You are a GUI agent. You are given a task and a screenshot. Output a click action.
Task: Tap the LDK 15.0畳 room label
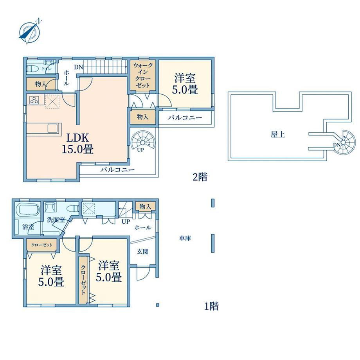(77, 144)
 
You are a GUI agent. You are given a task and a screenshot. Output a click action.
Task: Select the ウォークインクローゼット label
(143, 75)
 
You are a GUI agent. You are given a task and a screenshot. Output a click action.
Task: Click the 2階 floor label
(200, 177)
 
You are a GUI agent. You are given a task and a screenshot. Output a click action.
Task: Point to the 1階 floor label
(211, 306)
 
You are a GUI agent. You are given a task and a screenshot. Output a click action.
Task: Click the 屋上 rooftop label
(277, 135)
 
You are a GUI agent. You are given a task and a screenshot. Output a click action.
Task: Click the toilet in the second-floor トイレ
(32, 68)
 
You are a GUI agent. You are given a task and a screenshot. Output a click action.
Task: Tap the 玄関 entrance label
(142, 252)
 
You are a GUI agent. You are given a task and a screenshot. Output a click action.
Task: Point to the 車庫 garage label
(185, 238)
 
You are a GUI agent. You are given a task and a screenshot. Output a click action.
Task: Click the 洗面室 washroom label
(56, 220)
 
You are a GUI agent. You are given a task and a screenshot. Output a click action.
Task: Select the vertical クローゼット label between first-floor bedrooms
(83, 280)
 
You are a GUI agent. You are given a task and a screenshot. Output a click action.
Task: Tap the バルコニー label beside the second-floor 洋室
(185, 118)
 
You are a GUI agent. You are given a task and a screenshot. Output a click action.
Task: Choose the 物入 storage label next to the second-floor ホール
(40, 84)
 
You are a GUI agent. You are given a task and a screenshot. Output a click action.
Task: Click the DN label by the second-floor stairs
(78, 67)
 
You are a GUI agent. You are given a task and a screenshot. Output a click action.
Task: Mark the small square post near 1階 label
(157, 305)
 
